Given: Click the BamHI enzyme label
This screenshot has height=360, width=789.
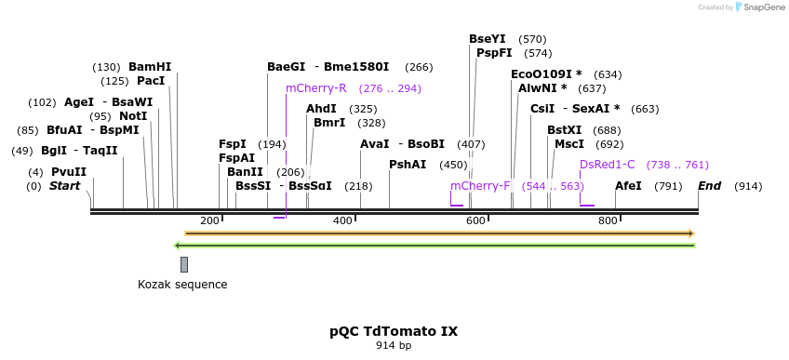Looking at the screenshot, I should point(150,67).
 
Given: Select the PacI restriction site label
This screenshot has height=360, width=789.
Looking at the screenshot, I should point(151,81).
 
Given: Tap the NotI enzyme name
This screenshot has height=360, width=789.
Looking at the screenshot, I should point(133,116).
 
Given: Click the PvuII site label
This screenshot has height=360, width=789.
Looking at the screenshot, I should point(69,172).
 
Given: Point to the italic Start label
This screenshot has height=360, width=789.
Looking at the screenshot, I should point(64,186).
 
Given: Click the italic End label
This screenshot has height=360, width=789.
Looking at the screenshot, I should point(710,186).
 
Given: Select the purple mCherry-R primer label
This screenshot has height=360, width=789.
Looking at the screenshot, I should point(316,88).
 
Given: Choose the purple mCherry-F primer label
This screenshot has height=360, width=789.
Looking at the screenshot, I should point(480,186).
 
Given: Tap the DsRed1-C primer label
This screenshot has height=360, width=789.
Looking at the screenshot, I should point(608,165).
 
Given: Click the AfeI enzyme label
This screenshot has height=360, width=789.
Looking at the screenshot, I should point(628,186).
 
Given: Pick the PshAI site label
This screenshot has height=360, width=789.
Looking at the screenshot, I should point(408,165).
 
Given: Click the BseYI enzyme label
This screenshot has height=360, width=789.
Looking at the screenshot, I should point(488,39).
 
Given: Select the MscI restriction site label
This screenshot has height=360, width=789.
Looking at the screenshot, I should point(569,144).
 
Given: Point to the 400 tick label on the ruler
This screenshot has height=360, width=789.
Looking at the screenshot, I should point(342,220).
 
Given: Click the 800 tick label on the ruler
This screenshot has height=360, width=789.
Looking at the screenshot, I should point(608,220).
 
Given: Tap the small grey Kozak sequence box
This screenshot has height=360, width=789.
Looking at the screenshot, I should point(184,264).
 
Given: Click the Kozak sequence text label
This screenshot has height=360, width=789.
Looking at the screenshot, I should point(182,285).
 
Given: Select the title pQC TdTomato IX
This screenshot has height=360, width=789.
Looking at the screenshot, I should point(394,331).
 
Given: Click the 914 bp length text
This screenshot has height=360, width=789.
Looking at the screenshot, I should point(394,345).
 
